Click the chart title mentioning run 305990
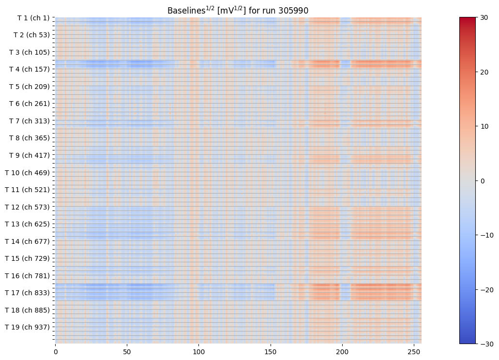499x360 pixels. coord(238,10)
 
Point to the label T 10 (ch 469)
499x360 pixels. coord(27,172)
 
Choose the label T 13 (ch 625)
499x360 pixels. coord(27,224)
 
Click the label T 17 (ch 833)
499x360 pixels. coord(27,293)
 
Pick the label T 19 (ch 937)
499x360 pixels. coord(27,327)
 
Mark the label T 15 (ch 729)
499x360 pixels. coord(27,258)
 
